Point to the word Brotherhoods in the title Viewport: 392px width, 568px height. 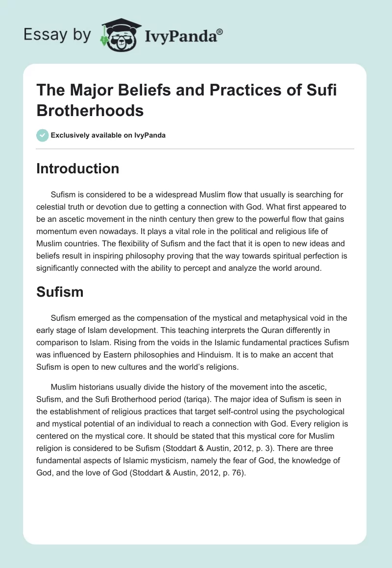click(x=90, y=110)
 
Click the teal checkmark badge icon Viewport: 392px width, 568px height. click(x=43, y=135)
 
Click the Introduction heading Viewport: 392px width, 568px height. click(x=78, y=168)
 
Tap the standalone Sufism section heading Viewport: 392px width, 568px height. click(x=60, y=292)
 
